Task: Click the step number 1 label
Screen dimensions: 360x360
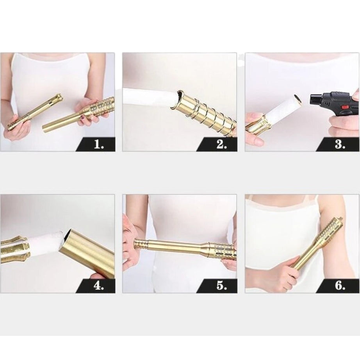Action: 99,144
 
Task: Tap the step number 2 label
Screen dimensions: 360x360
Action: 221,144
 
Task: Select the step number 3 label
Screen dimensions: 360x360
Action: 340,144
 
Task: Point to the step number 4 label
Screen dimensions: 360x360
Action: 99,286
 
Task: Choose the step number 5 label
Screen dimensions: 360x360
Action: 221,286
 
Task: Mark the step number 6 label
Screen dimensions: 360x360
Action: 340,286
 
